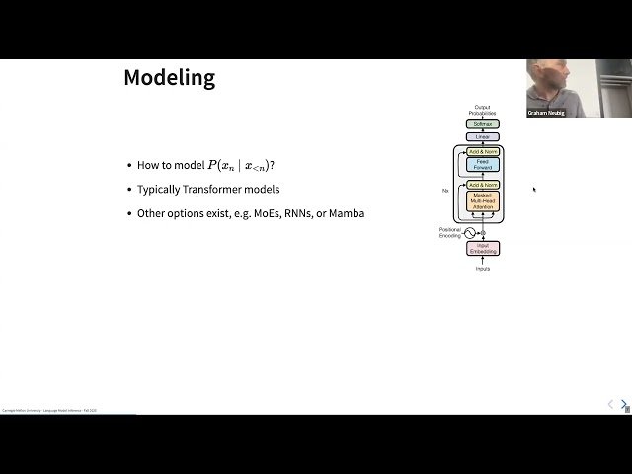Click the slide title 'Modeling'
coord(169,78)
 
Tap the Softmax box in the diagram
coord(483,124)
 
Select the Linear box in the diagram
coord(483,136)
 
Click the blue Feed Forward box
coord(483,165)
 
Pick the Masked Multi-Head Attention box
coord(483,200)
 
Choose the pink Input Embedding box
coord(483,248)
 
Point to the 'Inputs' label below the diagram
coord(483,269)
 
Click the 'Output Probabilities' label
coord(483,110)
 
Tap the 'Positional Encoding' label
coord(450,233)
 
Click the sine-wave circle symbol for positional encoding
coord(470,233)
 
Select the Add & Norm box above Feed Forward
coord(483,151)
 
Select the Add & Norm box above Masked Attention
coord(483,185)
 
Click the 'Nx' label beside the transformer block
coord(446,189)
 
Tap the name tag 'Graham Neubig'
coord(546,113)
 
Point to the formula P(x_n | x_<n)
coord(238,166)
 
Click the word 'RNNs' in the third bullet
coord(297,213)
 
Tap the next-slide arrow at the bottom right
coord(623,404)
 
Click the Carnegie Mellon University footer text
coord(48,410)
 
